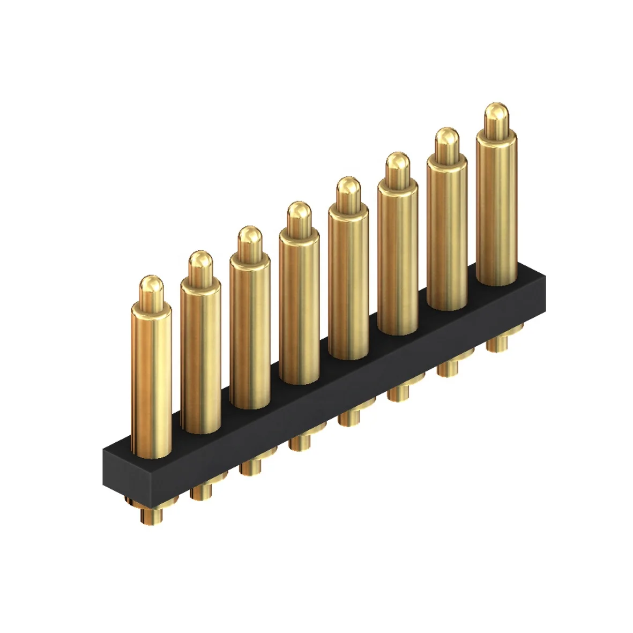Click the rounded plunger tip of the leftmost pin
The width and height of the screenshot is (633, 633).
tap(151, 289)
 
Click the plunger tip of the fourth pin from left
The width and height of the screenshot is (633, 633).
tap(299, 215)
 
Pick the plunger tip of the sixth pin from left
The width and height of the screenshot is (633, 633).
tap(397, 166)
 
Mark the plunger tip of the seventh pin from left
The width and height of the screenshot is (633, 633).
tap(446, 140)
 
